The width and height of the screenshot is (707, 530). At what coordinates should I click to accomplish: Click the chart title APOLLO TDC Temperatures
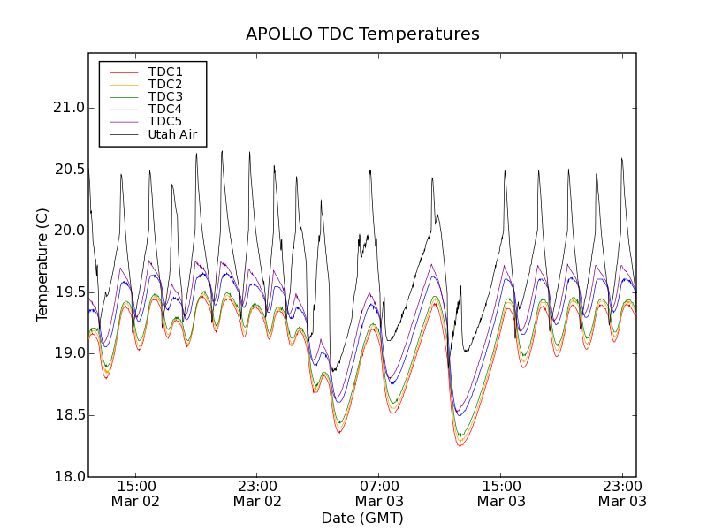pos(362,34)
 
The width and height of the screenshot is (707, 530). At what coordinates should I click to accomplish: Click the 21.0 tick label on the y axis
pos(68,108)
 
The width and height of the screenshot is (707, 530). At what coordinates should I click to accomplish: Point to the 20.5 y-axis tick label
pos(68,170)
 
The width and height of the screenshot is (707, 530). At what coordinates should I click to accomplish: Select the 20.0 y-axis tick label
pos(68,231)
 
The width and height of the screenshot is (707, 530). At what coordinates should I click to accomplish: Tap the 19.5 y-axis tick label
pos(68,292)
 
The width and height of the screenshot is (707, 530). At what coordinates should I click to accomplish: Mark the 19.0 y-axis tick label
pos(68,353)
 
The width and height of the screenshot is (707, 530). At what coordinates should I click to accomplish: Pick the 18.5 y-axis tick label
pos(68,415)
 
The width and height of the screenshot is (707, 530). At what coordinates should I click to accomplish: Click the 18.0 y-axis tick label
pos(68,476)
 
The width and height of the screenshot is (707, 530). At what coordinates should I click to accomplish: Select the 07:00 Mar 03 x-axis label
pos(379,493)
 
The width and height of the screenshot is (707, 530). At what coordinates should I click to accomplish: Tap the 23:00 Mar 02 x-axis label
pos(257,493)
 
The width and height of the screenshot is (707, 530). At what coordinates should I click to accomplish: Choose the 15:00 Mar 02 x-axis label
pos(135,493)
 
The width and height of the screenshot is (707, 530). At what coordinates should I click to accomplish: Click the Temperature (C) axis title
pos(42,265)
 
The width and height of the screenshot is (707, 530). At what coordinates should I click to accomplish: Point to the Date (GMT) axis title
pos(362,518)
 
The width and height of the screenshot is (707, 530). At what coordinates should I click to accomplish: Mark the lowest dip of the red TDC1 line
pos(460,446)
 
